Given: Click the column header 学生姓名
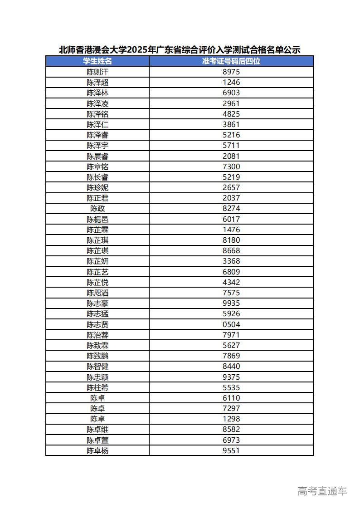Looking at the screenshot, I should point(97,61).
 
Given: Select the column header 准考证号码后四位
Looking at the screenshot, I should point(231,61).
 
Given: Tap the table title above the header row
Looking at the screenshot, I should point(180,49).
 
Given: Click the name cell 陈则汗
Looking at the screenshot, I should point(97,72).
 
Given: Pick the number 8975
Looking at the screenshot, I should point(231,72).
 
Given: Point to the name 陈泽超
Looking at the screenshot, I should point(97,82).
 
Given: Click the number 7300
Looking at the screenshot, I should point(231,166).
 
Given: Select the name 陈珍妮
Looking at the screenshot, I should point(97,187).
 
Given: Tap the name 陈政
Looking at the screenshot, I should point(97,209).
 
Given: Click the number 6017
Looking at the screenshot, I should point(231,219).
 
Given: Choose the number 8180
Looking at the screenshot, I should point(231,240).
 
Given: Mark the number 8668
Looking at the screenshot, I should point(231,250).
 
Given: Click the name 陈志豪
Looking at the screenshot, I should point(97,303).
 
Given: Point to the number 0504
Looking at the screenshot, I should point(231,324).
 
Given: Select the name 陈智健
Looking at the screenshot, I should point(97,367).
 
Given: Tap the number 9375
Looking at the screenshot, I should point(231,377).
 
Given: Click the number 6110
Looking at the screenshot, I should point(231,398).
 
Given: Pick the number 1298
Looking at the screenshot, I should point(231,419).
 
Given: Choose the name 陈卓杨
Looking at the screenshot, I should point(97,450).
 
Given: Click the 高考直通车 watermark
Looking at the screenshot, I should point(322,491).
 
